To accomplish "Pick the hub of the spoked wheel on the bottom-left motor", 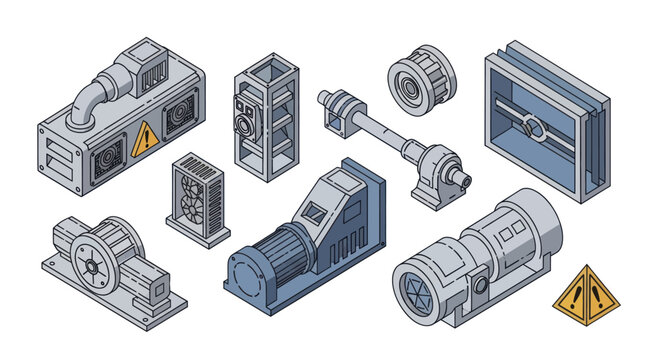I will [x=90, y=267].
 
